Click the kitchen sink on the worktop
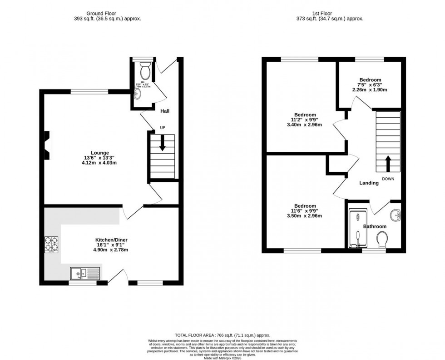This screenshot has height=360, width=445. point(85,273)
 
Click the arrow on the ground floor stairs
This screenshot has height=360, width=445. point(163,145)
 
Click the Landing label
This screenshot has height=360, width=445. point(369,183)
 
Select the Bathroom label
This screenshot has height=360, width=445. point(375,226)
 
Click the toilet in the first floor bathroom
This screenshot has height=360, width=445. point(382,238)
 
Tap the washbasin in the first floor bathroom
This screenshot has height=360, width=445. point(395,214)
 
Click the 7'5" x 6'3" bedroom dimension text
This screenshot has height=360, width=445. point(369,85)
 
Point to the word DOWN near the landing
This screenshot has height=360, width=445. point(388,179)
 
